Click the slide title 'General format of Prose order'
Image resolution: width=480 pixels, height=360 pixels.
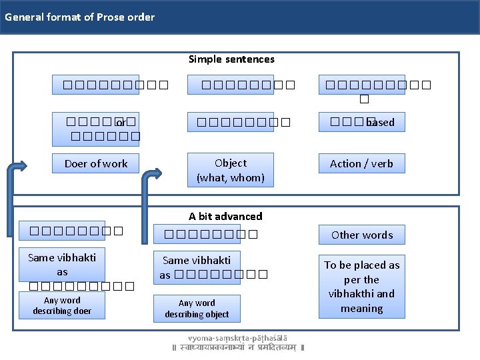(79, 17)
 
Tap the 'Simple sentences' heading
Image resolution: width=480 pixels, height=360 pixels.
(231, 59)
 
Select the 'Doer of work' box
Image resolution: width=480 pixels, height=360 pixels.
(96, 163)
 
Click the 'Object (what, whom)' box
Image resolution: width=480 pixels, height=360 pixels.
(231, 170)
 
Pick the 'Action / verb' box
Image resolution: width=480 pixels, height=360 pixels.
(361, 163)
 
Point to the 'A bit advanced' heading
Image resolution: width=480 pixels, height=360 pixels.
(225, 216)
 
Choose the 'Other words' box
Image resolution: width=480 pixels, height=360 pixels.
(362, 235)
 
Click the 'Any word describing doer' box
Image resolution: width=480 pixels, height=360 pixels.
(62, 306)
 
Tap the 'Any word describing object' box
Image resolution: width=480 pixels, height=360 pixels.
(197, 309)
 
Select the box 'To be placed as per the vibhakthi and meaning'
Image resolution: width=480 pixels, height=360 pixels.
(362, 286)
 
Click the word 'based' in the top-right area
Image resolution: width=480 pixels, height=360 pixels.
(381, 123)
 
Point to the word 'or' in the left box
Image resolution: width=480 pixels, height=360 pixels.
(120, 123)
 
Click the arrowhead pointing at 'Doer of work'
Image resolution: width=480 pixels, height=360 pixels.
(24, 165)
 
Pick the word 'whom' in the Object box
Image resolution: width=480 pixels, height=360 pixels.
(250, 177)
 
